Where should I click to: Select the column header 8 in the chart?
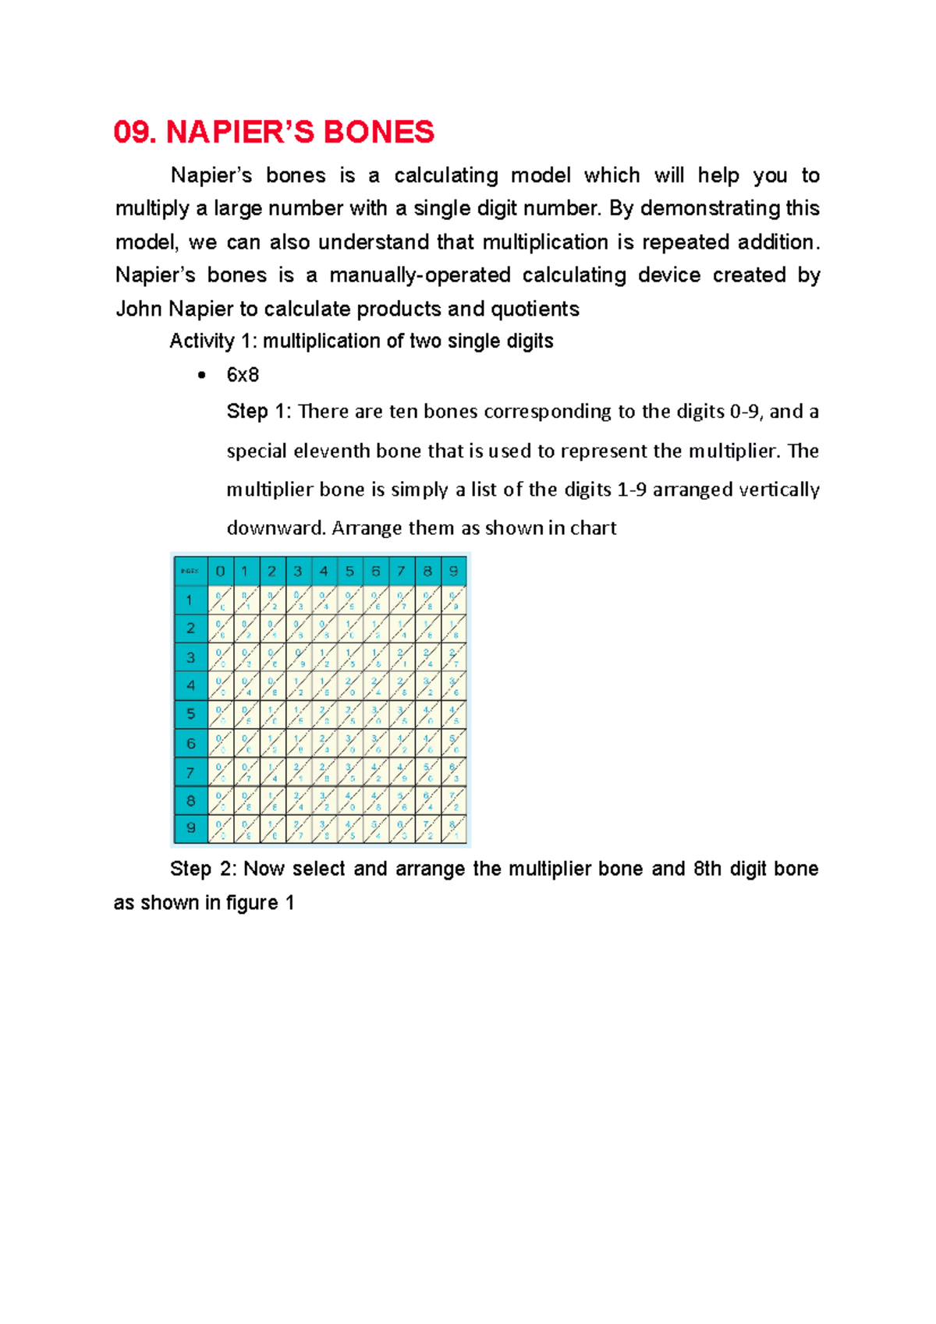427,572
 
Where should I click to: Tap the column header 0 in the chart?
221,572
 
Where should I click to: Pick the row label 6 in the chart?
190,743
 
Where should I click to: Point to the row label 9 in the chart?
190,829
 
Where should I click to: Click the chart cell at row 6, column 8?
427,743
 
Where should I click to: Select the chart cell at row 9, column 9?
453,829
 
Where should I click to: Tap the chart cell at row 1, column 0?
221,600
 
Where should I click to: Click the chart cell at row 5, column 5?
350,714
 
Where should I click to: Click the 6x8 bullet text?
243,375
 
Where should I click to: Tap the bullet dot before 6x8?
202,376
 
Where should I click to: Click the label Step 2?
201,869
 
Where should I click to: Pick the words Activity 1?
211,342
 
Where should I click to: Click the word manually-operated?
420,275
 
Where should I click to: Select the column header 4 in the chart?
324,572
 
